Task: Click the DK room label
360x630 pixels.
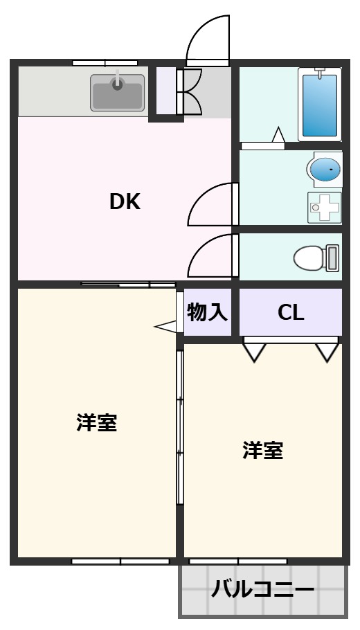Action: tap(125, 201)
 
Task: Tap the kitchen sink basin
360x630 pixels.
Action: tap(117, 93)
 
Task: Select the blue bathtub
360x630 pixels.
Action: tap(320, 105)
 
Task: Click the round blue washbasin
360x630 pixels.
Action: tap(324, 169)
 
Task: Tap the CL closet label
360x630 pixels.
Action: tap(291, 313)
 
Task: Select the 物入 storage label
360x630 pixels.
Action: tap(207, 313)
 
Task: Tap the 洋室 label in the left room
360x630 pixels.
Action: tap(96, 422)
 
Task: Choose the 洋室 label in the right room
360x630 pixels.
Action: tap(262, 451)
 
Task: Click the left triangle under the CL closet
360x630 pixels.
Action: tap(254, 352)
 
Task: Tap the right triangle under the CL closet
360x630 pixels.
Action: tap(327, 352)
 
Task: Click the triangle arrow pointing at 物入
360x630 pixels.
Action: tap(166, 325)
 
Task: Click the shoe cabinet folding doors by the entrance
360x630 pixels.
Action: tap(190, 92)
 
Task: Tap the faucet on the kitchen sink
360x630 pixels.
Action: tap(117, 82)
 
